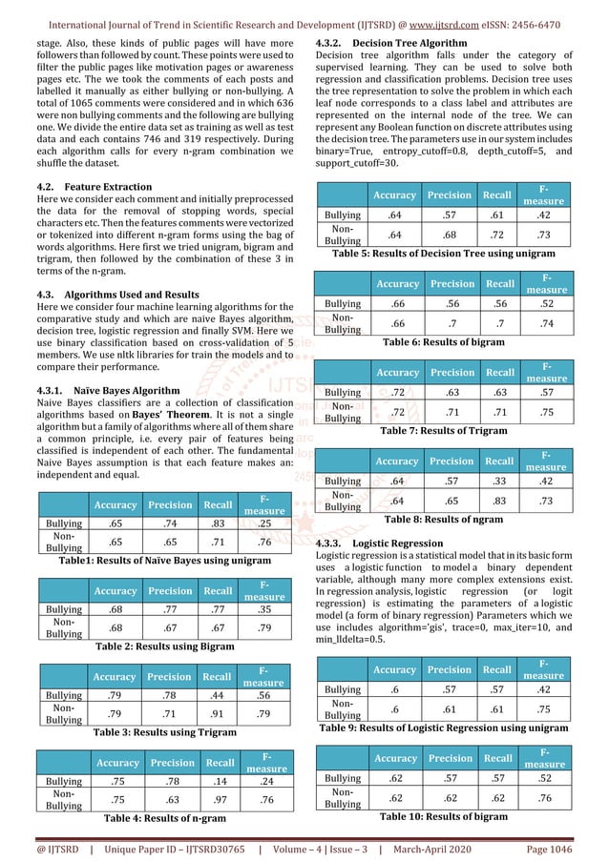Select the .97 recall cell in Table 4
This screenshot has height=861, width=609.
[220, 800]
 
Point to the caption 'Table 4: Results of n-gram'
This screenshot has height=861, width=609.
[156, 818]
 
